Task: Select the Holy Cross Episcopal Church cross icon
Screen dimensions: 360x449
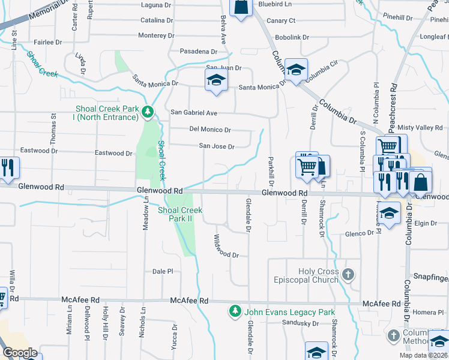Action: pyautogui.click(x=348, y=275)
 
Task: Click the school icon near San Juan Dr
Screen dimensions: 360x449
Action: pyautogui.click(x=215, y=82)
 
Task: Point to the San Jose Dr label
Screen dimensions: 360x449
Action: pyautogui.click(x=216, y=146)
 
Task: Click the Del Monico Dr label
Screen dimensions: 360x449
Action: pyautogui.click(x=210, y=130)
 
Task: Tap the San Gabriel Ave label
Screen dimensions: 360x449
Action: pyautogui.click(x=194, y=112)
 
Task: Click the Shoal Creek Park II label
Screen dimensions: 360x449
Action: pyautogui.click(x=180, y=214)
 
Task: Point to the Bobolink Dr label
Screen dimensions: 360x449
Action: pyautogui.click(x=292, y=37)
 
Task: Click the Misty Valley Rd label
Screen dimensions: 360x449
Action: pyautogui.click(x=420, y=128)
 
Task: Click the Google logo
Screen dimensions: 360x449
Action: pyautogui.click(x=20, y=353)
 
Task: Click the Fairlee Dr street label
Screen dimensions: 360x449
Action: pyautogui.click(x=49, y=43)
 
